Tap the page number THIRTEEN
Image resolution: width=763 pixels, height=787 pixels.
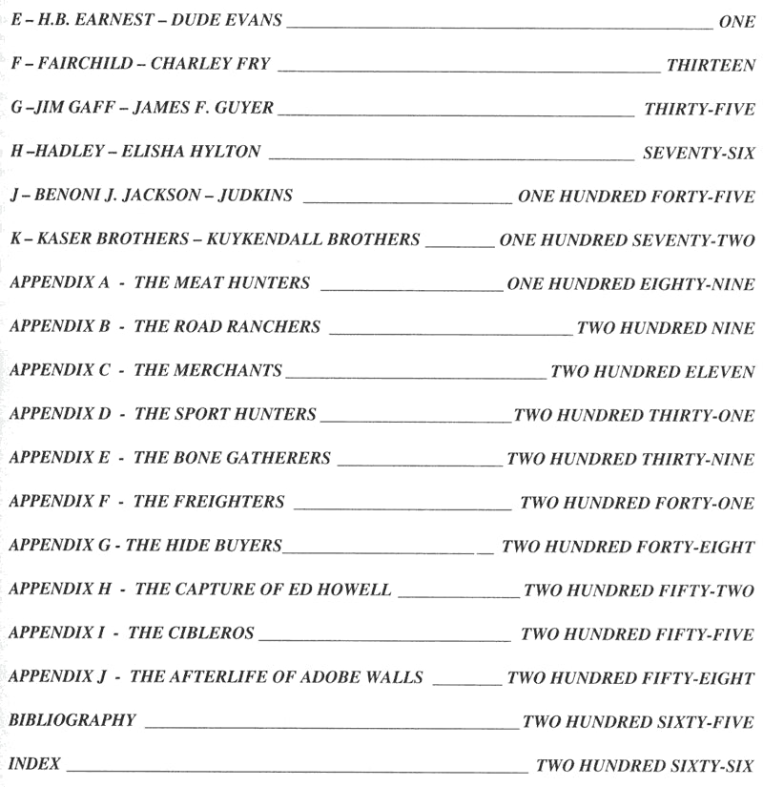[711, 65]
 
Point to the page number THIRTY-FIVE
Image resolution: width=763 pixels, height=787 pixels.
[699, 109]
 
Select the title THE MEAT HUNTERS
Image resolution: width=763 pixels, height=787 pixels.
[222, 283]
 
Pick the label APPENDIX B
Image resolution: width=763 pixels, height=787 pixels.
[60, 326]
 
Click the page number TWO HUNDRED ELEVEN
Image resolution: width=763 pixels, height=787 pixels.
[652, 371]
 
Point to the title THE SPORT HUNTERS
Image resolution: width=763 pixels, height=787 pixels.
[225, 414]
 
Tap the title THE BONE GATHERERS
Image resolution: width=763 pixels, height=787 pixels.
[233, 458]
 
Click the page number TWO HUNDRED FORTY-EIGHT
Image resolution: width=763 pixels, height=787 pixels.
[628, 547]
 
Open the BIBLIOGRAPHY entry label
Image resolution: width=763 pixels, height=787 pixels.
[72, 720]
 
